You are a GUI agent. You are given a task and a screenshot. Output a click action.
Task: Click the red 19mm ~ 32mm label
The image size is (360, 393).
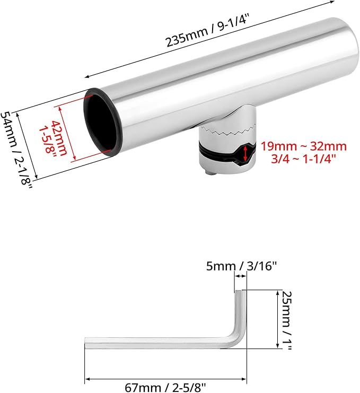tap(304, 146)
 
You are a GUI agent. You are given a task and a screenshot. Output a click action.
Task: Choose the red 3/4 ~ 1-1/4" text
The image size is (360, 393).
tap(303, 159)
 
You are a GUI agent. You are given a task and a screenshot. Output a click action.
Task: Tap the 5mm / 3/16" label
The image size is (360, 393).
tap(241, 266)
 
